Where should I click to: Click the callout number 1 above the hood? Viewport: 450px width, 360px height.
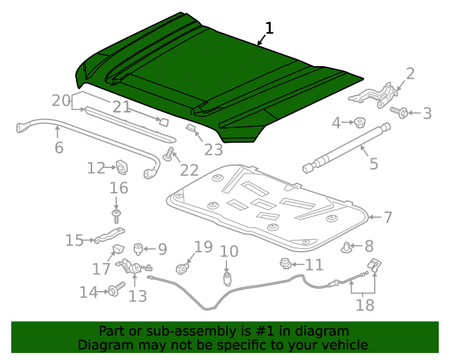tap(269, 28)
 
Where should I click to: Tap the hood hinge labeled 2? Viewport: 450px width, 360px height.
tap(373, 96)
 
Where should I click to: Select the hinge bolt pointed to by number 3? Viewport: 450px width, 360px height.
tap(399, 112)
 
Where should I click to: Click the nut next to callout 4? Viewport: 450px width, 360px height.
tap(359, 122)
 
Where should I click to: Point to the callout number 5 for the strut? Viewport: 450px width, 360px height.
tap(373, 164)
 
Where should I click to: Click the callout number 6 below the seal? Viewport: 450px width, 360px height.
tap(59, 148)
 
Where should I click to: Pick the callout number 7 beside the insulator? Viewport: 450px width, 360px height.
tap(388, 217)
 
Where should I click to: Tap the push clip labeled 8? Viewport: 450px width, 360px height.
tap(347, 247)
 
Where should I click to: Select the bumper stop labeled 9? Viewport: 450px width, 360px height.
tap(139, 249)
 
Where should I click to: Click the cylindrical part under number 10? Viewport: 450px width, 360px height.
tap(228, 279)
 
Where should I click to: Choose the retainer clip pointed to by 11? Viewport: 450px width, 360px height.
tap(285, 264)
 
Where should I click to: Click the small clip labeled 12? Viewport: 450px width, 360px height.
tap(122, 167)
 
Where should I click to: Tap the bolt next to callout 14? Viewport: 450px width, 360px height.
tap(117, 289)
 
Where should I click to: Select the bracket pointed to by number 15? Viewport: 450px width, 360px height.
tap(110, 235)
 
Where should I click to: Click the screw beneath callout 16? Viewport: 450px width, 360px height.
tap(116, 216)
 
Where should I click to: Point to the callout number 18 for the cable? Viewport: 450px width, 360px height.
tap(365, 304)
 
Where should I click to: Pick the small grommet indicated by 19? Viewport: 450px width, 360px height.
tap(182, 269)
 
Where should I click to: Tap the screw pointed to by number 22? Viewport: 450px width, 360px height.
tap(169, 153)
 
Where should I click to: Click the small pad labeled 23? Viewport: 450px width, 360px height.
tap(191, 127)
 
